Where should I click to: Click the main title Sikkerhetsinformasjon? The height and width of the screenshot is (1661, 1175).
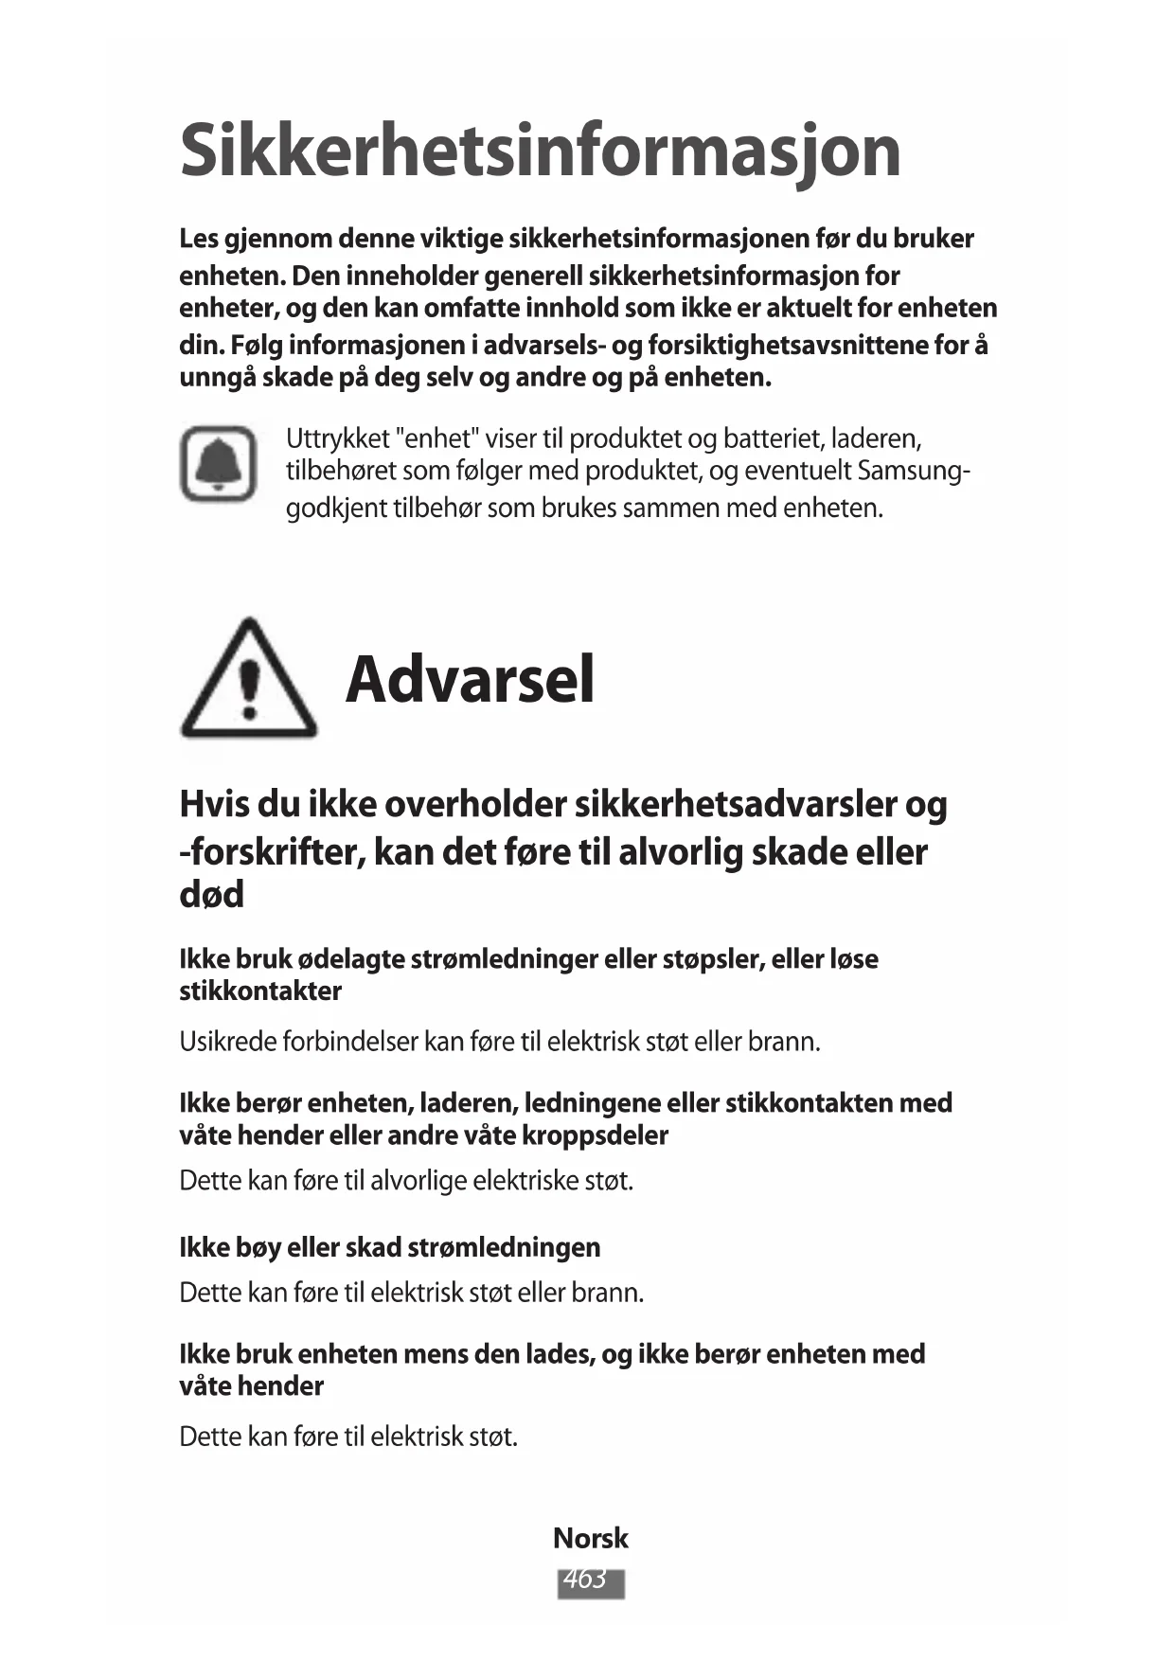(540, 152)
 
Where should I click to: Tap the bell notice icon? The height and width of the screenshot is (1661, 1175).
(219, 464)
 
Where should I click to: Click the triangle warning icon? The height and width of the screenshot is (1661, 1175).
(248, 681)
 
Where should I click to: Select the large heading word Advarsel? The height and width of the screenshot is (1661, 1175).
(470, 680)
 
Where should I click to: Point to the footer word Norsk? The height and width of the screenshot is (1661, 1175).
(590, 1538)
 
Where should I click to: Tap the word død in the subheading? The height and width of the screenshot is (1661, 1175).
(211, 894)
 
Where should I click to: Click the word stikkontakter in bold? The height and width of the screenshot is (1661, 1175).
(260, 991)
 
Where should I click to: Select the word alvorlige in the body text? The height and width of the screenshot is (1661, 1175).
(418, 1181)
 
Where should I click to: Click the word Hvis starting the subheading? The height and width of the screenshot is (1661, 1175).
(215, 805)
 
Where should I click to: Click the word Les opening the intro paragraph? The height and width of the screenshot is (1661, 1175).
(199, 239)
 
